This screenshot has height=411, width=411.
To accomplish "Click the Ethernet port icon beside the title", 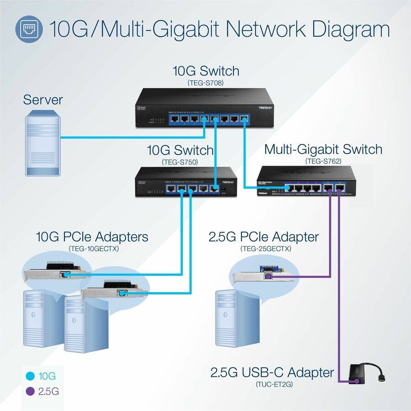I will click(x=29, y=30).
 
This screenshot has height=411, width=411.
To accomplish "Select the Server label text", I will click(x=43, y=100).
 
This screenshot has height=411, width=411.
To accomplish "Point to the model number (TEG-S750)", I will click(x=179, y=162).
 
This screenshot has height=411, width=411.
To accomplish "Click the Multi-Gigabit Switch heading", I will click(x=323, y=149).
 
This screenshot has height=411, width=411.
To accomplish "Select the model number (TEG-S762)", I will click(x=323, y=161).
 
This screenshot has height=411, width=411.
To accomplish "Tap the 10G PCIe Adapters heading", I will click(x=92, y=237).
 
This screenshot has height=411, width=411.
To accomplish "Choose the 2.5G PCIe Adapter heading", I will click(x=263, y=237).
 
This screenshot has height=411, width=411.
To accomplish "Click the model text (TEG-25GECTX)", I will click(x=263, y=248).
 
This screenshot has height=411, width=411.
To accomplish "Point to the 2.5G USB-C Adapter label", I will click(x=272, y=373).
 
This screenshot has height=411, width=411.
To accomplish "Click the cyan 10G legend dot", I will click(x=31, y=376).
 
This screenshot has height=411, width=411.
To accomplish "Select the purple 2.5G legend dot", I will click(x=31, y=391).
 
